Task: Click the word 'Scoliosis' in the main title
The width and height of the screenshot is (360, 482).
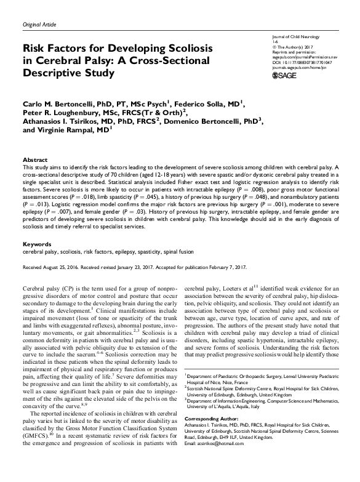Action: [x=183, y=48]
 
